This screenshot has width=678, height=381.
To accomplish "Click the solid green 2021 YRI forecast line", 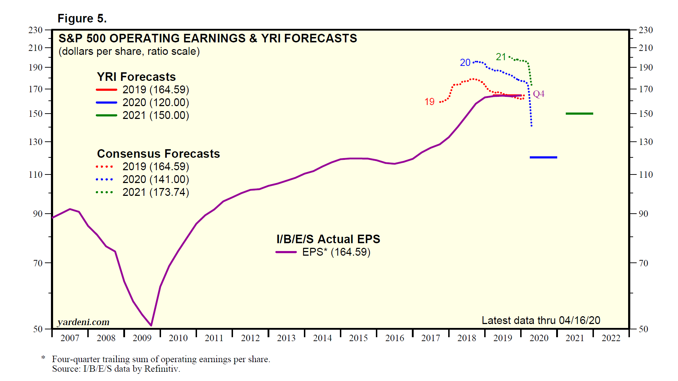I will coord(579,114).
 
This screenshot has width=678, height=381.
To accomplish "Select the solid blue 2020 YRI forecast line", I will coord(543,157).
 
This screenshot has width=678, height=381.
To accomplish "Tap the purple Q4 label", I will coord(539,94).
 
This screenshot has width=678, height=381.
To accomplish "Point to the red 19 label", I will coord(429,102).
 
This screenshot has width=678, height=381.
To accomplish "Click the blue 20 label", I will coord(465,63).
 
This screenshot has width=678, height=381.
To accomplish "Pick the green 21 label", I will coord(501,57).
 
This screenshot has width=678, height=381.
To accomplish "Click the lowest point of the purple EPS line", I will coord(151,325).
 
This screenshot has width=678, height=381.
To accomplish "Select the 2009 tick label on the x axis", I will coord(142,338).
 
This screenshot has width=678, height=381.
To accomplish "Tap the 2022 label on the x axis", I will coord(611,338).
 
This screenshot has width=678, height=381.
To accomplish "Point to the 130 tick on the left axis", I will coord(36,142).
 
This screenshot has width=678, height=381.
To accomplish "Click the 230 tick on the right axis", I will coord(646,30).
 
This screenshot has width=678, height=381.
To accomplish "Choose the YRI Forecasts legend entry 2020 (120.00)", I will coord(155,103).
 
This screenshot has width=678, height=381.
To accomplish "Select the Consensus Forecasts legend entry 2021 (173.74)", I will coord(155,192).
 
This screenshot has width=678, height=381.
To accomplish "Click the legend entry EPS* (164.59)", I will coord(336,252).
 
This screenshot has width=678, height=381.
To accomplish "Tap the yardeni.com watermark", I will coord(83,322).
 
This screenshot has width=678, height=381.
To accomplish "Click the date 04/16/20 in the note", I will coord(579,320).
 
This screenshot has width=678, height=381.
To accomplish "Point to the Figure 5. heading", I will coord(82,19).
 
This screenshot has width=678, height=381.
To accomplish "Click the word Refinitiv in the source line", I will coord(162,369).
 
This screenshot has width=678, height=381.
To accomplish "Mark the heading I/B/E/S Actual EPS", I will coord(328,239).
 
